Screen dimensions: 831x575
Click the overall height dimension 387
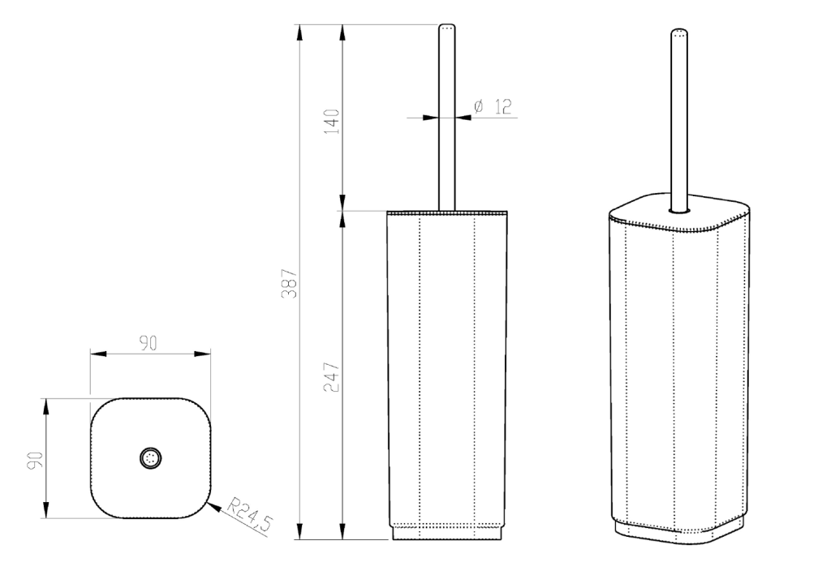290,283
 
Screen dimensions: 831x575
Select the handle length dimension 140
332,122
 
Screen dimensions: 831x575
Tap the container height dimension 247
332,377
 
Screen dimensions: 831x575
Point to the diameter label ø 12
493,106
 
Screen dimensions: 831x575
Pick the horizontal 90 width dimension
149,344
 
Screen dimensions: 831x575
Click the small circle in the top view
150,458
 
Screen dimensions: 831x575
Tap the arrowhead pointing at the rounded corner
213,507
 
